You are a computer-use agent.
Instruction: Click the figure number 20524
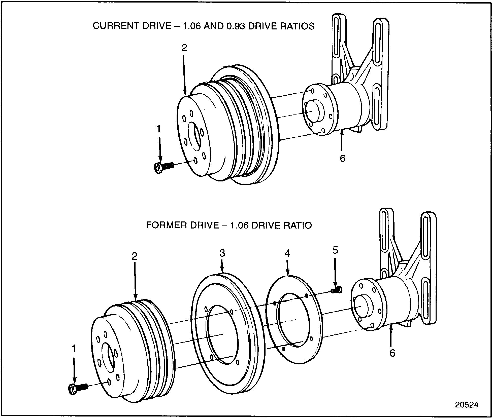[466, 405]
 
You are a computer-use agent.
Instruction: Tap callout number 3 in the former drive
[222, 253]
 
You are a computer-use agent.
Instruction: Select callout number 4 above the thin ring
[287, 253]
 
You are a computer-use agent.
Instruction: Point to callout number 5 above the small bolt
[335, 250]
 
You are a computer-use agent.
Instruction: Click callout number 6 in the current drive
[342, 158]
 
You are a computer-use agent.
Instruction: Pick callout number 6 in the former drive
[392, 353]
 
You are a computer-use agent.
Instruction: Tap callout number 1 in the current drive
[158, 129]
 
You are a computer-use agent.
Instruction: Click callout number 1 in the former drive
[74, 349]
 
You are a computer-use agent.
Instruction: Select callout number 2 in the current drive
[184, 48]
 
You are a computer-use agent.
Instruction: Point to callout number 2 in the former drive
[135, 256]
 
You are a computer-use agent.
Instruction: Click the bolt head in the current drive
[158, 168]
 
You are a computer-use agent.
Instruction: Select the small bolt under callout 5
[337, 290]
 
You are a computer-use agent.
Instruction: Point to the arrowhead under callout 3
[222, 271]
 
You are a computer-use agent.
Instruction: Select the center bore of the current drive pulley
[194, 137]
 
